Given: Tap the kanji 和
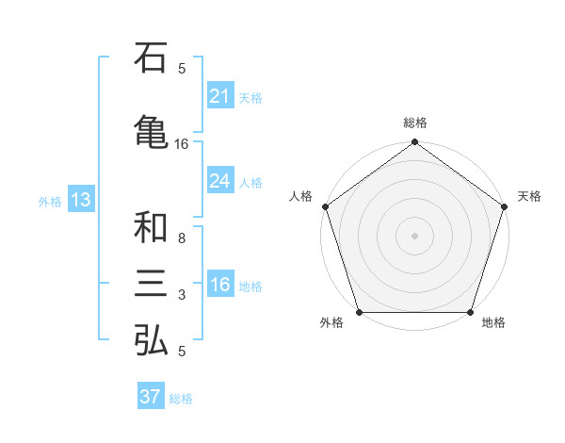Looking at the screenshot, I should click(x=152, y=227).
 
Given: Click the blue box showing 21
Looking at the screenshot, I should click(x=219, y=96).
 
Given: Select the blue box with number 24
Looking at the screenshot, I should click(x=219, y=181).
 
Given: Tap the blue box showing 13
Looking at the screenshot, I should click(x=80, y=200).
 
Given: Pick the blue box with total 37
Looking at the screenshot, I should click(x=151, y=397).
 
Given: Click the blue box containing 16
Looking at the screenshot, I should click(x=219, y=286).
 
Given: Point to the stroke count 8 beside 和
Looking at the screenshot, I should click(x=182, y=238).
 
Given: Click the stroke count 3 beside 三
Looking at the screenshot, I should click(x=182, y=296).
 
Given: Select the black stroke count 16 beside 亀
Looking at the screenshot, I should click(x=182, y=144).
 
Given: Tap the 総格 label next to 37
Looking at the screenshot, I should click(x=181, y=399).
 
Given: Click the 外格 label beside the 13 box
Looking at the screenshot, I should click(x=50, y=201).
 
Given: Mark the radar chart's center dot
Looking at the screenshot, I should click(x=414, y=235).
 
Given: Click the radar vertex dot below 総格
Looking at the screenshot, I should click(x=414, y=142).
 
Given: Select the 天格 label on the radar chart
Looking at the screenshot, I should click(x=530, y=196).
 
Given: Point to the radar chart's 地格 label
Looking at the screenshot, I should click(x=493, y=323).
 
